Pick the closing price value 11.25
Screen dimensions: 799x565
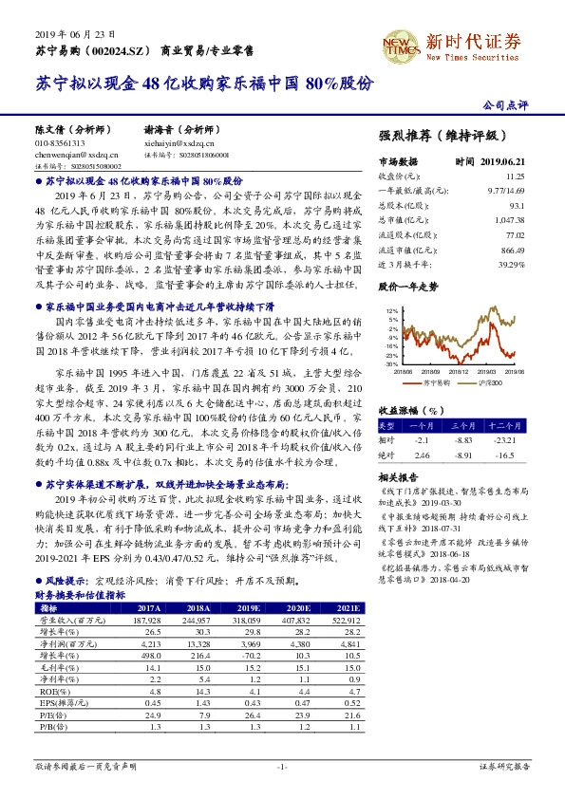(x=514, y=176)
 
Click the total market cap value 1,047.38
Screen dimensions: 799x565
(x=510, y=219)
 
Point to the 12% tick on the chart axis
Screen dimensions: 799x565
(x=391, y=310)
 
